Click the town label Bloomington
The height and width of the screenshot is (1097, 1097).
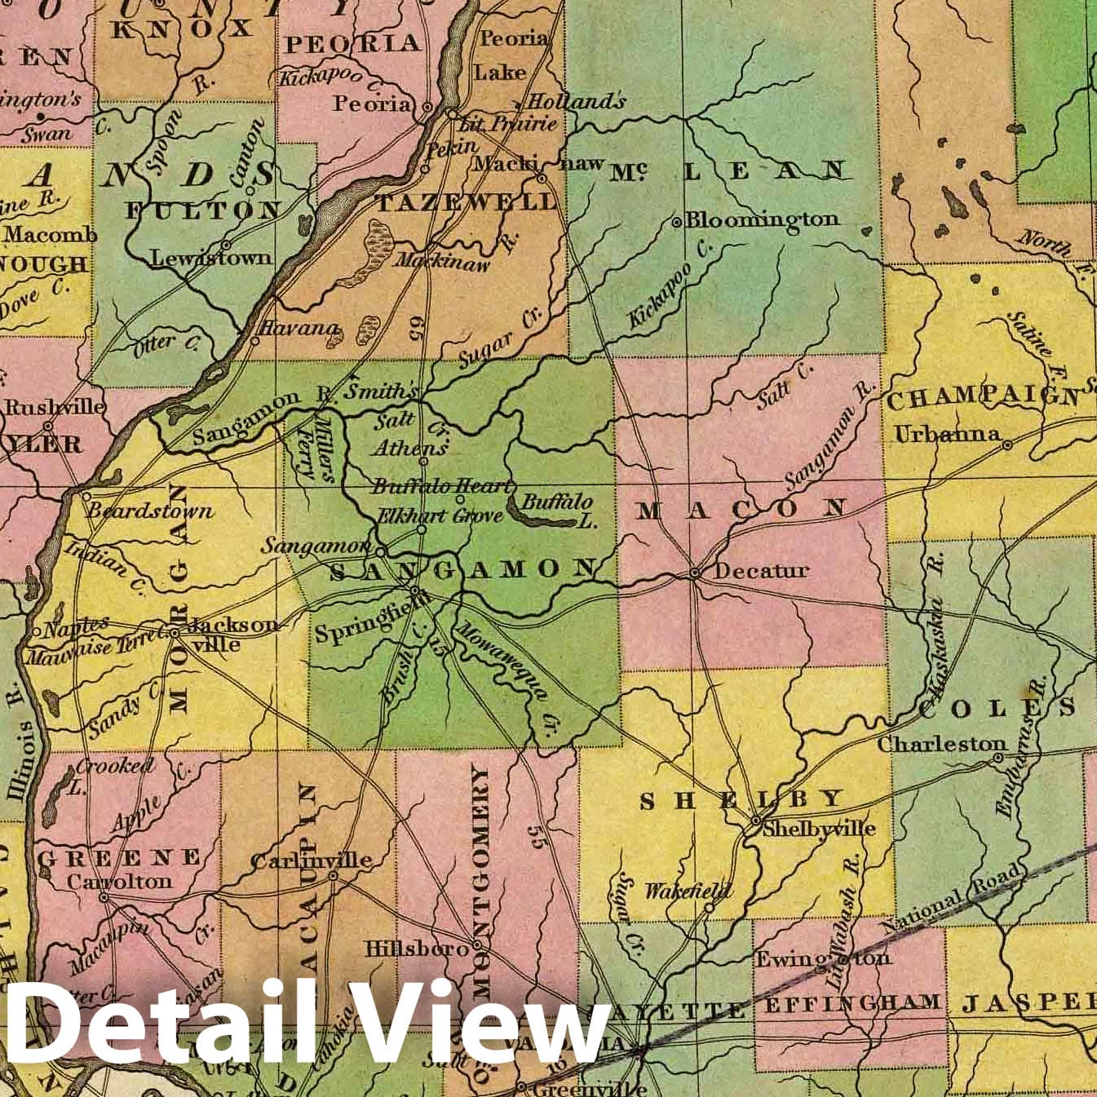click(x=761, y=219)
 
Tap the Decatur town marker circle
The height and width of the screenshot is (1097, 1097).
click(x=695, y=573)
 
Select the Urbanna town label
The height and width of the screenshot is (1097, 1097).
click(x=947, y=434)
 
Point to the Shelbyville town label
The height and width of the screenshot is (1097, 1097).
click(x=819, y=829)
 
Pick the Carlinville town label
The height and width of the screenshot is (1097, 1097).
click(x=311, y=860)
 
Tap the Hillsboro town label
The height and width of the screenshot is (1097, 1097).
click(x=416, y=949)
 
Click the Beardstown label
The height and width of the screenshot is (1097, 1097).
click(x=150, y=511)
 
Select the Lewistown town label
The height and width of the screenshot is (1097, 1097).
click(x=211, y=258)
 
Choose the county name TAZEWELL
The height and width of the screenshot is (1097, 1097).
click(x=465, y=202)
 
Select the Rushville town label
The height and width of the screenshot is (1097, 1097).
click(x=55, y=406)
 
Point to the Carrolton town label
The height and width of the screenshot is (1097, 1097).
click(x=119, y=882)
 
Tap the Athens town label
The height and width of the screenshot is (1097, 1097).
click(x=410, y=448)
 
